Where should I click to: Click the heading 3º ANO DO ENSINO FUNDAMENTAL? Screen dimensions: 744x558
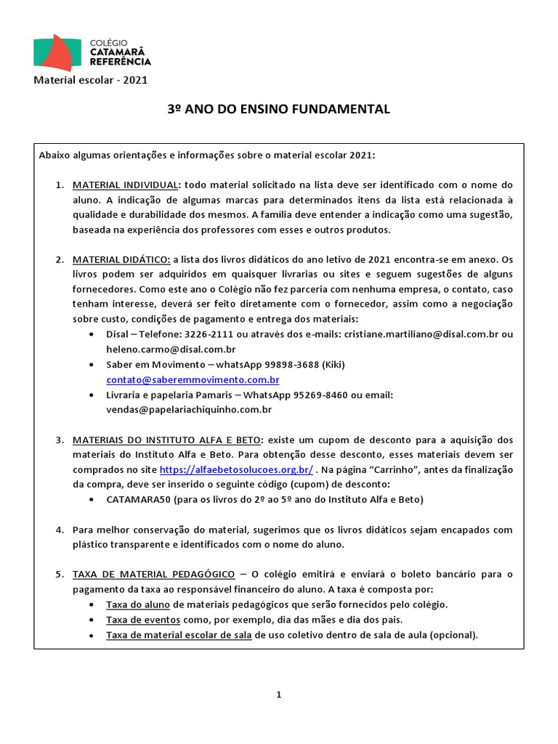coord(279,109)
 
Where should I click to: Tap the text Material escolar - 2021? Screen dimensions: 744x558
coord(91,80)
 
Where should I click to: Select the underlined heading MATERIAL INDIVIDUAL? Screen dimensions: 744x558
coord(124,185)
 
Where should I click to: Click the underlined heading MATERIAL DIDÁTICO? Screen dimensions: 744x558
coord(121,259)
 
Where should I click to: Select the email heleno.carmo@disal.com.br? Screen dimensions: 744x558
coord(171,349)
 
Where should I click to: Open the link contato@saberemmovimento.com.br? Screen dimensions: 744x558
coord(193,380)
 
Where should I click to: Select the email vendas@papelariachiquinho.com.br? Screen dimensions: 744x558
coord(189,410)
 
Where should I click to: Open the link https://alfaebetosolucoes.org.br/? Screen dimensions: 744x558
coord(235,469)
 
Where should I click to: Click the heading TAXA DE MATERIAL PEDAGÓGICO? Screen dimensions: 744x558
coord(153,574)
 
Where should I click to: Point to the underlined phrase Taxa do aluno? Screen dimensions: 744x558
coord(138,604)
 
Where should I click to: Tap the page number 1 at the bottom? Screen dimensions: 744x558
coord(278,695)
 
